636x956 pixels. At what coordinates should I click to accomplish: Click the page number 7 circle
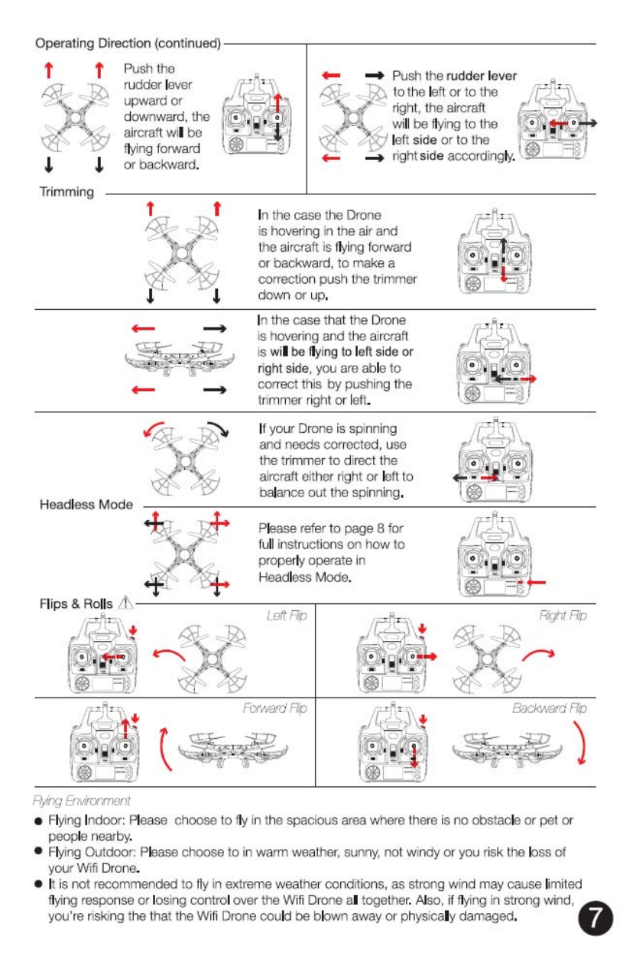tap(595, 917)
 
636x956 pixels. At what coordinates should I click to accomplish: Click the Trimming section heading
tap(67, 191)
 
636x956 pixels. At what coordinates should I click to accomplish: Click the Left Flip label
tap(287, 615)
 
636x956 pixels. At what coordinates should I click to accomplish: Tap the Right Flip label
tap(563, 615)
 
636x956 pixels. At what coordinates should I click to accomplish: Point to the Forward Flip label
tap(274, 708)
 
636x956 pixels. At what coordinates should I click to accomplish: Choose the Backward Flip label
tap(550, 708)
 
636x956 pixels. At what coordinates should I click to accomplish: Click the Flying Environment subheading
tap(86, 800)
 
